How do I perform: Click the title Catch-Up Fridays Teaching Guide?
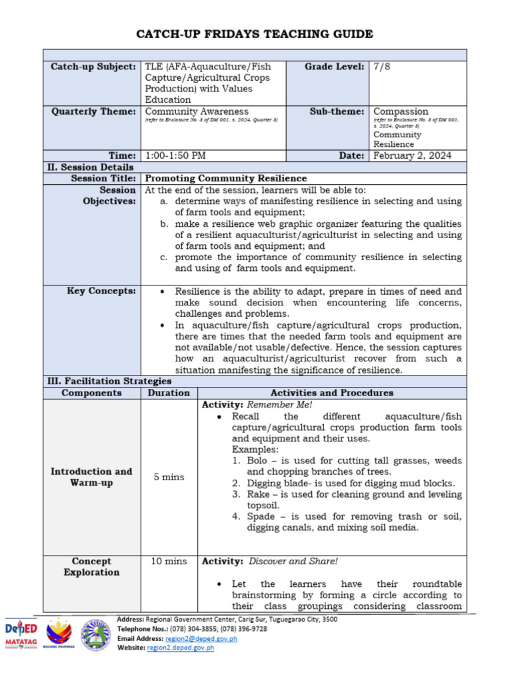[x=255, y=34]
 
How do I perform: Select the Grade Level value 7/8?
[x=383, y=67]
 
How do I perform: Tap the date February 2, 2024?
[x=412, y=155]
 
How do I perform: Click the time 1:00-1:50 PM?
[x=175, y=155]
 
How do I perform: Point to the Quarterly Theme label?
[x=93, y=111]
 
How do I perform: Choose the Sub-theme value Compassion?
[x=401, y=111]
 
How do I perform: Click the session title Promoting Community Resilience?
[x=226, y=178]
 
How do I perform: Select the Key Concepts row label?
[x=101, y=291]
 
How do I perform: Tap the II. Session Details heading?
[x=89, y=167]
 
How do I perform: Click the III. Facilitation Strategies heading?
[x=109, y=382]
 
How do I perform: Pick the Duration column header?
[x=169, y=393]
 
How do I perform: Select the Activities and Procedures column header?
[x=331, y=393]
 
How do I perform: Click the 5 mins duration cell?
[x=169, y=477]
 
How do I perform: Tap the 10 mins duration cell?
[x=169, y=562]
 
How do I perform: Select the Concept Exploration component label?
[x=91, y=567]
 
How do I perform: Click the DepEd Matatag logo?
[x=21, y=634]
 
